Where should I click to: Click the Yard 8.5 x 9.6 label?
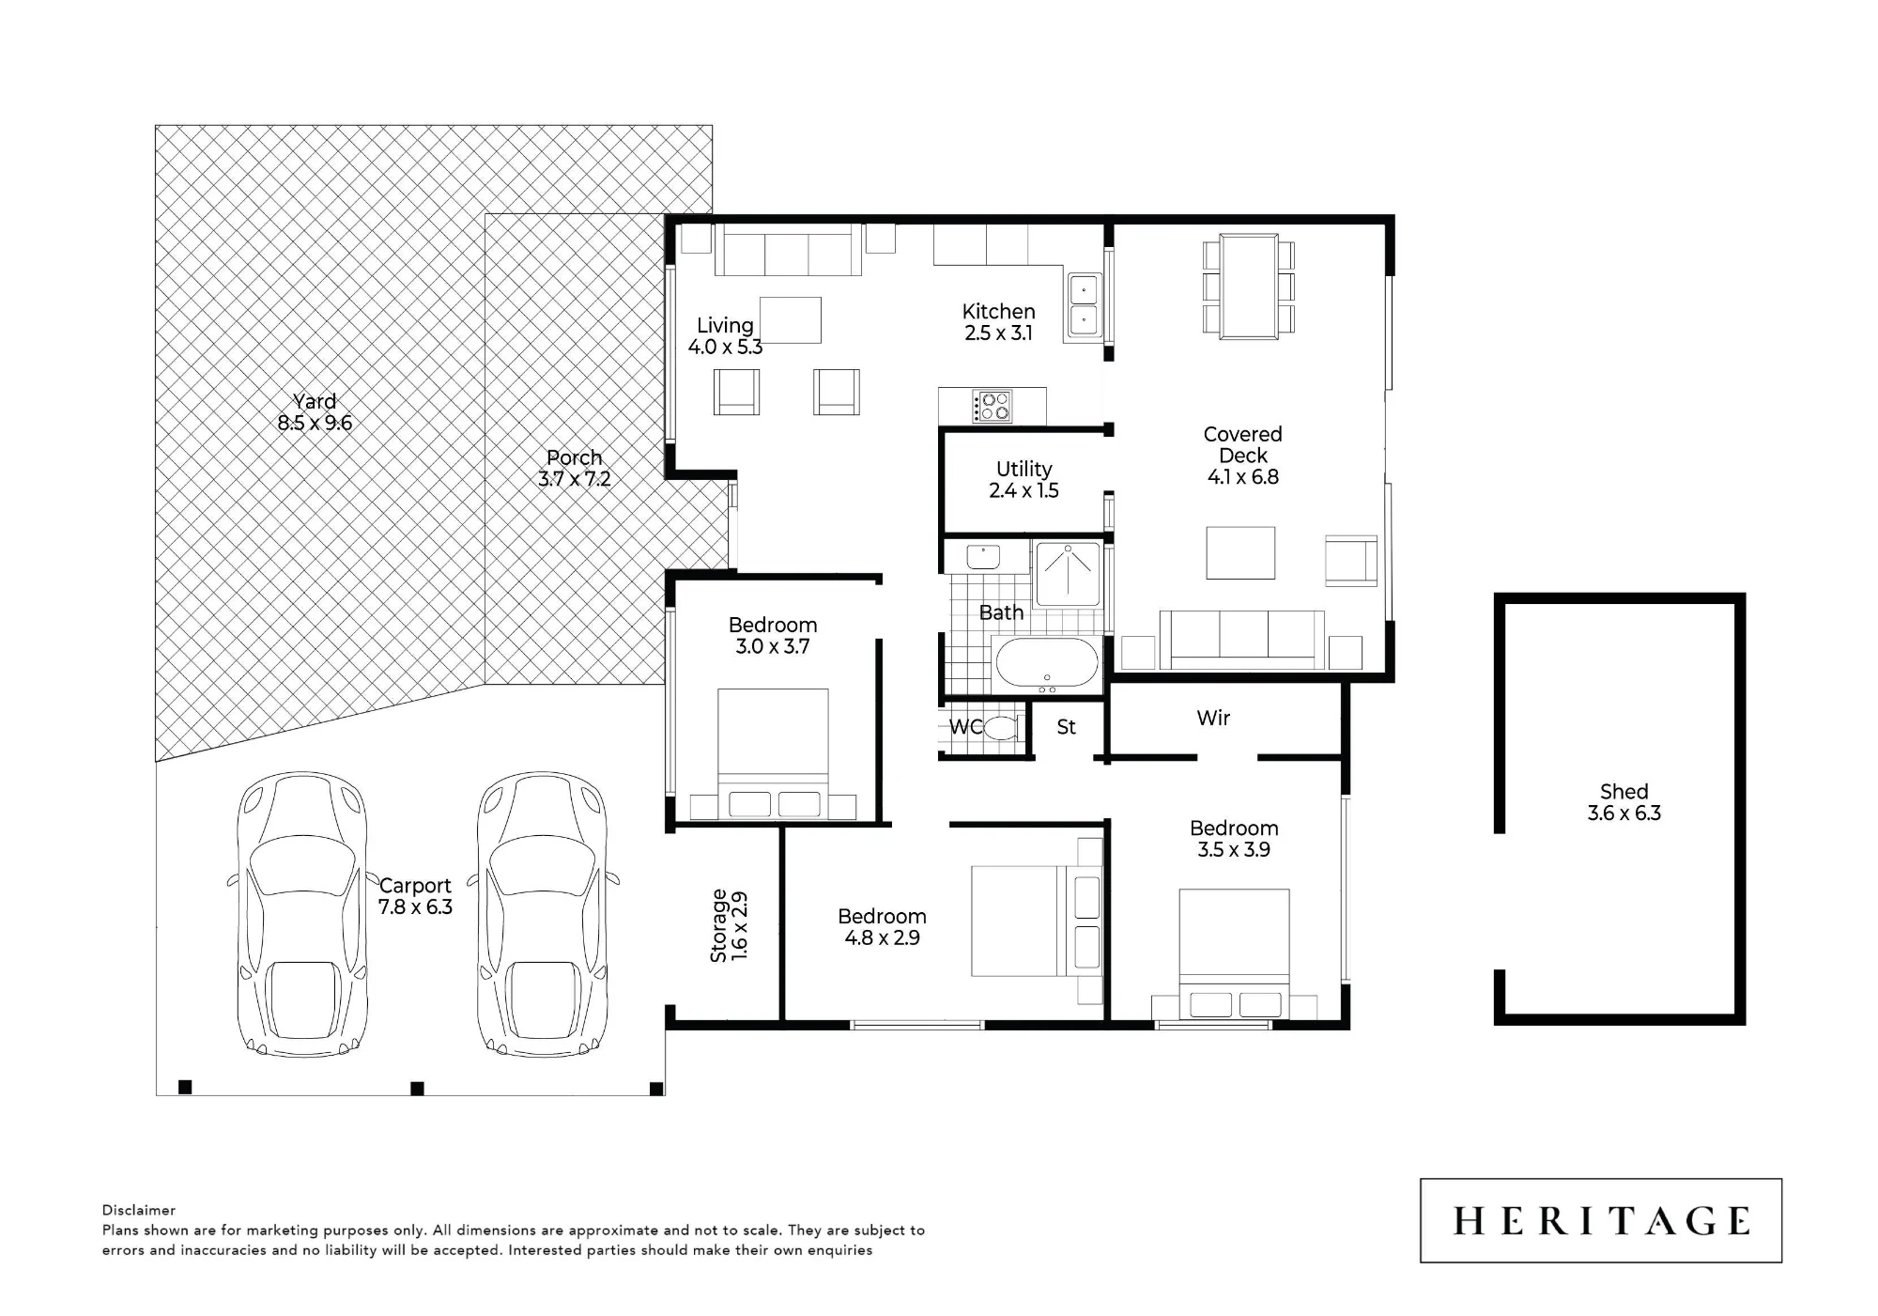pyautogui.click(x=315, y=412)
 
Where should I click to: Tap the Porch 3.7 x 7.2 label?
pyautogui.click(x=575, y=468)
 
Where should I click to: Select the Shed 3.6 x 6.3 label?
pyautogui.click(x=1624, y=803)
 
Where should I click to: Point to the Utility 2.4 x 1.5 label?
pyautogui.click(x=1024, y=479)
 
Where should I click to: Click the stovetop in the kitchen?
pyautogui.click(x=992, y=407)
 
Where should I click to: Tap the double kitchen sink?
pyautogui.click(x=1084, y=305)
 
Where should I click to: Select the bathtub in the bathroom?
pyautogui.click(x=1046, y=663)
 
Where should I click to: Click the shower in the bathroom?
pyautogui.click(x=1069, y=574)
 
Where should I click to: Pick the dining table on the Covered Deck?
pyautogui.click(x=1249, y=286)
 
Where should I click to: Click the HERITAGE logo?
pyautogui.click(x=1601, y=1220)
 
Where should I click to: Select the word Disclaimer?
pyautogui.click(x=139, y=1210)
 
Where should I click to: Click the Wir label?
pyautogui.click(x=1213, y=719)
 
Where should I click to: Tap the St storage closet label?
pyautogui.click(x=1067, y=727)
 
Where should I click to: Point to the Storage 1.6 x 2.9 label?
pyautogui.click(x=729, y=925)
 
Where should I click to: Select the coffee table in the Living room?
pyautogui.click(x=791, y=320)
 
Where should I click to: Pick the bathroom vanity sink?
pyautogui.click(x=985, y=556)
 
